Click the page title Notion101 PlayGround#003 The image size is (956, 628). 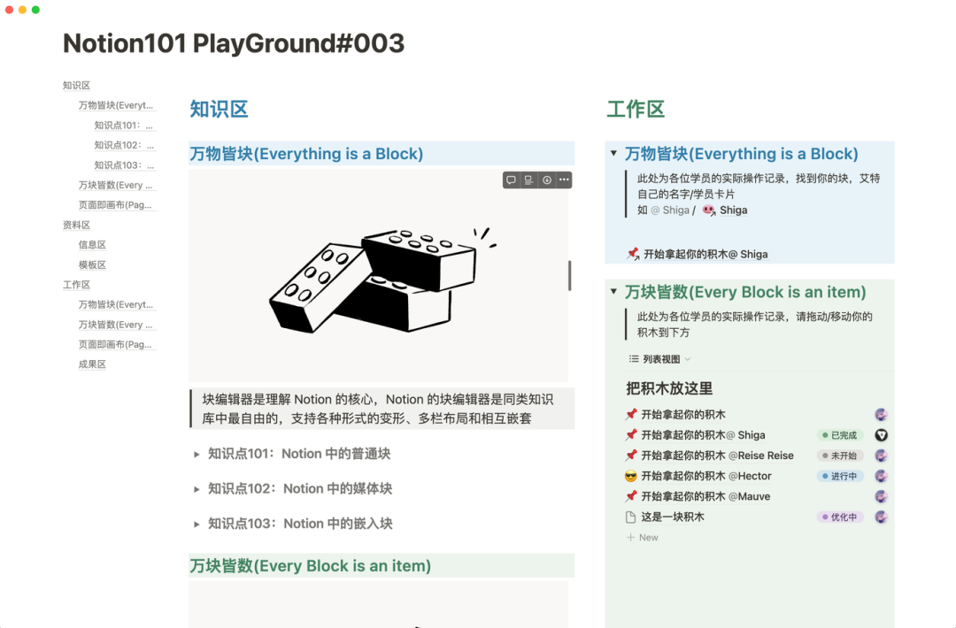coord(234,43)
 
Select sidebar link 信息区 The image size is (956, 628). coord(92,245)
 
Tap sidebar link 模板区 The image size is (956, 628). coord(92,264)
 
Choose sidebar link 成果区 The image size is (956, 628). coord(92,364)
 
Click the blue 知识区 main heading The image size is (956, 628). coord(219,110)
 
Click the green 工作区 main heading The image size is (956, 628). coord(636,110)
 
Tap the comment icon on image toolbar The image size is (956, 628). coord(511,180)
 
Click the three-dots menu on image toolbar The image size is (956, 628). coord(564,180)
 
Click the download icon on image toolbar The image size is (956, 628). coord(547,180)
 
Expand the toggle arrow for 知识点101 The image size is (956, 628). coord(197,455)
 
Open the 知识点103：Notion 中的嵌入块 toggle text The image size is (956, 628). coord(300,524)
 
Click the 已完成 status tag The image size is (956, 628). coord(839,435)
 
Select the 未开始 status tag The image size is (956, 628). coord(839,456)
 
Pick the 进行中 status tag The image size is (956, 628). coord(839,476)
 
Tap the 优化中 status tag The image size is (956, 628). coord(839,517)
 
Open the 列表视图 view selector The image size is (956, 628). coord(660,359)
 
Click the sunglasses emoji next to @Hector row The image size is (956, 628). coord(631,477)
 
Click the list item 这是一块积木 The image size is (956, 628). coord(672,517)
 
